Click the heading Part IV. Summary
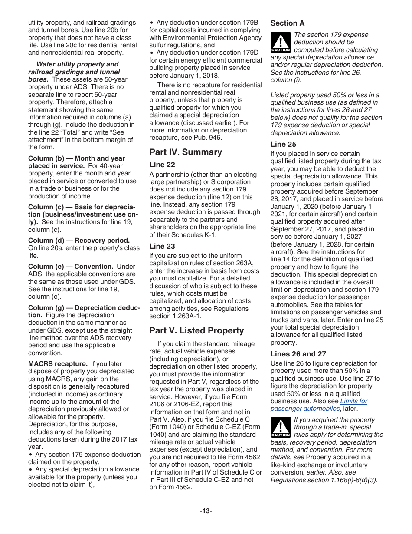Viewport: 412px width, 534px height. pyautogui.click(x=186, y=152)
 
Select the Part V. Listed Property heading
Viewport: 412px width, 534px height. pyautogui.click(x=196, y=330)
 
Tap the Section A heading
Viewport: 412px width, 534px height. pyautogui.click(x=288, y=23)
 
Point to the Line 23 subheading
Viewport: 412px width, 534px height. pyautogui.click(x=162, y=246)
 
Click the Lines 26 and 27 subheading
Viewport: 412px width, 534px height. pyautogui.click(x=298, y=354)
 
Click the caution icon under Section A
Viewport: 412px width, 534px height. pyautogui.click(x=281, y=43)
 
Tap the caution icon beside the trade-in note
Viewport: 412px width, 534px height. pyautogui.click(x=281, y=428)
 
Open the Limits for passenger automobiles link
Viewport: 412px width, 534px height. pyautogui.click(x=319, y=405)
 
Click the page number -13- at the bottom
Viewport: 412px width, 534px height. pyautogui.click(x=206, y=511)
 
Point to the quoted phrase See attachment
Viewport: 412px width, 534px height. pyautogui.click(x=111, y=132)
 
